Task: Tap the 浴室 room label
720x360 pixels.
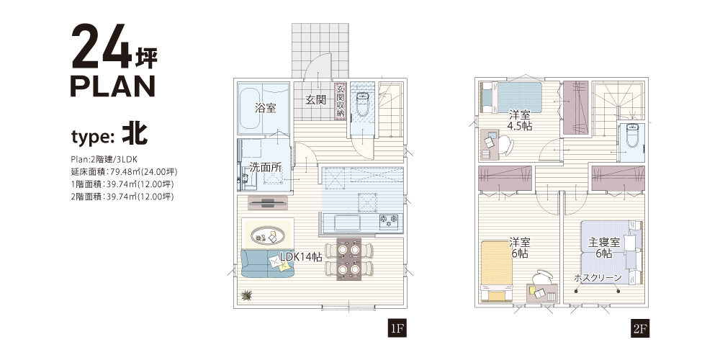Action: tap(266, 109)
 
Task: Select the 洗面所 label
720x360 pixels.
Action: tap(266, 167)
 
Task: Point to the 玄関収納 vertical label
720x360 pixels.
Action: tap(341, 101)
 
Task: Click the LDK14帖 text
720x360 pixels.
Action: tap(301, 257)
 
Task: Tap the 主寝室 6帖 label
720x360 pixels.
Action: tap(604, 248)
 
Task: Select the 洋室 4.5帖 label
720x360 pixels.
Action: tap(520, 120)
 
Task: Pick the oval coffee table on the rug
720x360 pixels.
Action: tap(267, 236)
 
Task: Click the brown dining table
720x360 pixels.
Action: tap(349, 259)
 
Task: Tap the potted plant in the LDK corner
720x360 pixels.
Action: tap(246, 295)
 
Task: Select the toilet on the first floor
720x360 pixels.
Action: tap(362, 104)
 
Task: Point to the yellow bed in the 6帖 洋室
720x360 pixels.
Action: tap(497, 271)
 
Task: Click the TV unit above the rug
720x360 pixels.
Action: tap(268, 202)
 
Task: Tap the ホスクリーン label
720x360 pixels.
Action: tap(598, 278)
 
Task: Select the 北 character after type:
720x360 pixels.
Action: tap(135, 133)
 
